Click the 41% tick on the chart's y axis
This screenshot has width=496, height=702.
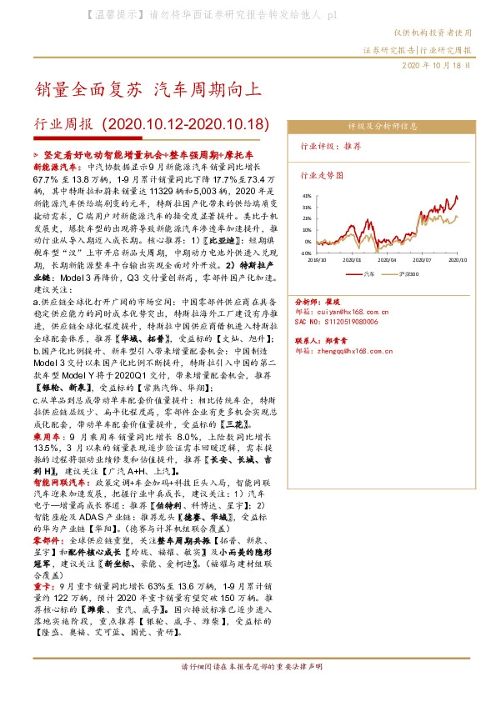point(306,195)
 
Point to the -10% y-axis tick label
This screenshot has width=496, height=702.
point(306,252)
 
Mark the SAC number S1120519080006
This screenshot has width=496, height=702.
point(335,319)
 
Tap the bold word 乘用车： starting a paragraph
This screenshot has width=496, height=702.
point(48,435)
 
